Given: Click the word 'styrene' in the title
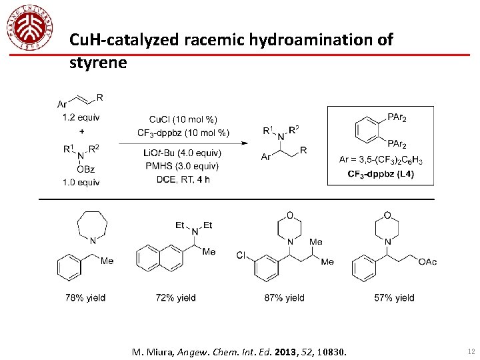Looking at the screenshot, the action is click(97, 63).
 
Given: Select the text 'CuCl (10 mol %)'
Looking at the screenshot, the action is click(183, 120).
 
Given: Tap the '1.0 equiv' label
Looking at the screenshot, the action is click(81, 183).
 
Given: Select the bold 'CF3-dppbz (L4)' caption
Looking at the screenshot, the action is click(381, 175).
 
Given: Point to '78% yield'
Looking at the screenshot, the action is click(86, 298).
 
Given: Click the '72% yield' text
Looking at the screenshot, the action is click(175, 298).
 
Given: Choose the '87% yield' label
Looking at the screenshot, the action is click(284, 298).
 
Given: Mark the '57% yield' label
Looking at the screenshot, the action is click(394, 298).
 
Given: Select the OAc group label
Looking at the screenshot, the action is click(427, 262).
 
